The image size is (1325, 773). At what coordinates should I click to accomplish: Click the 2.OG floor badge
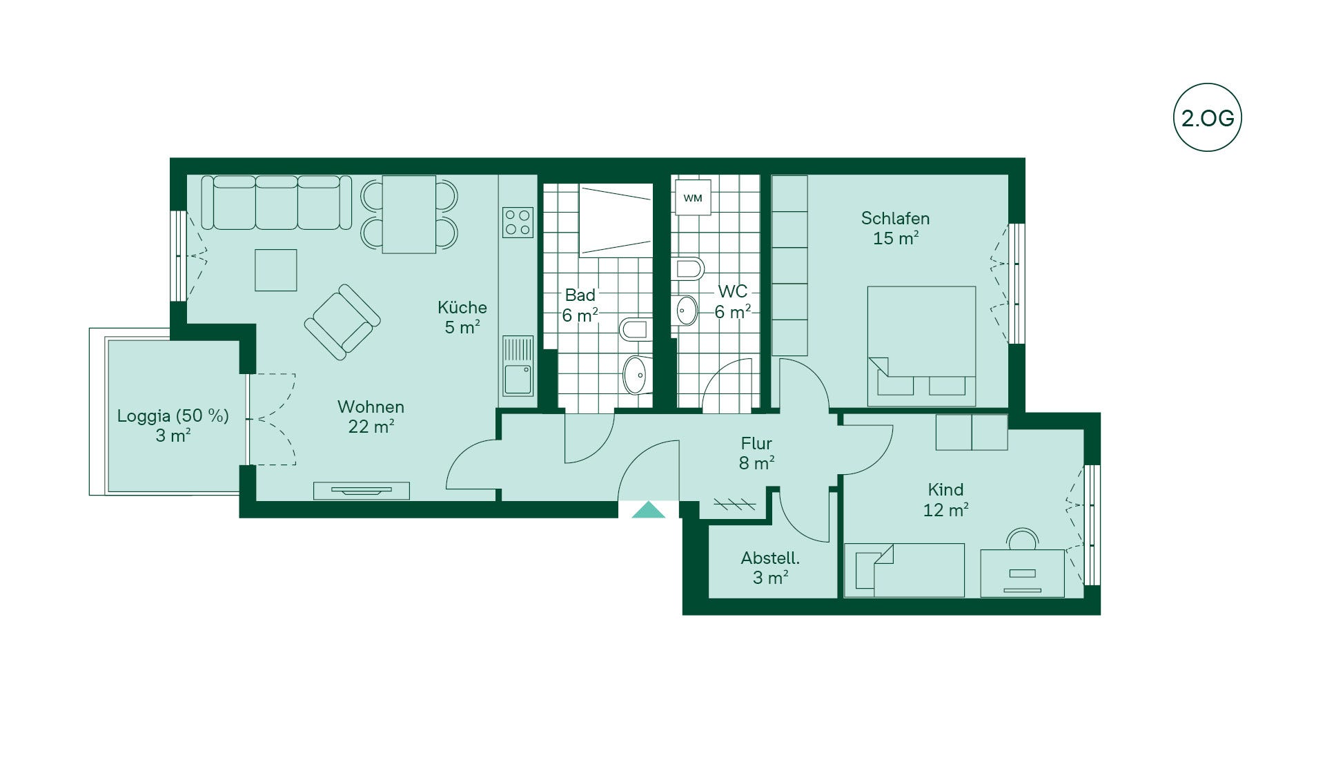coord(1207,118)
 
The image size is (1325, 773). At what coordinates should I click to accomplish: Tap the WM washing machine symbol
coord(693,197)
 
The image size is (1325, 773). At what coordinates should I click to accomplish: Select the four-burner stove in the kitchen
coord(518,222)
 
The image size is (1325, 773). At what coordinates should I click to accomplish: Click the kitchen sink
coord(518,366)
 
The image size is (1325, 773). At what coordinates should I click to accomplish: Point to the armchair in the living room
coord(342,322)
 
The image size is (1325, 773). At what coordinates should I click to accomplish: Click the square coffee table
coord(276,270)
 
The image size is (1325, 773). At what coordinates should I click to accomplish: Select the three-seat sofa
coord(277,202)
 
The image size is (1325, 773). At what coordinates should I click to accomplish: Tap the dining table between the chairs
coord(409,214)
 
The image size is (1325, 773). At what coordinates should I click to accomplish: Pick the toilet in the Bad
coord(634,329)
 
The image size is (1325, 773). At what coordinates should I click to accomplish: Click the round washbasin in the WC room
coord(687,311)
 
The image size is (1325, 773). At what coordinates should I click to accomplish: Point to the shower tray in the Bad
coord(616,220)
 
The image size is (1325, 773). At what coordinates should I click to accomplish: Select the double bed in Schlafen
coord(921,346)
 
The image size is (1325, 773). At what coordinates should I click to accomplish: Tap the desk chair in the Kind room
coord(1022,538)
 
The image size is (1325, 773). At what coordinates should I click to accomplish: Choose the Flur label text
coord(756,443)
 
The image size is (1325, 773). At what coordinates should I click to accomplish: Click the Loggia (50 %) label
coord(173,415)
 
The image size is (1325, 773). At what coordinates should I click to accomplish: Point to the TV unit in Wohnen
coord(362,491)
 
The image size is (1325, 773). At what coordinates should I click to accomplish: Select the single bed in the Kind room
coord(904,570)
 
